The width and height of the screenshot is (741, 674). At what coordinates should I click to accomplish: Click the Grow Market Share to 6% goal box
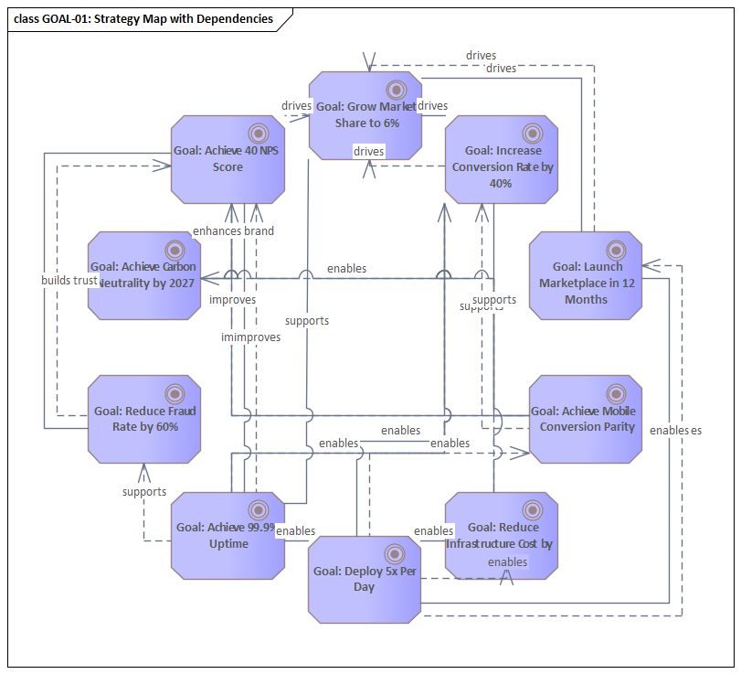pos(365,115)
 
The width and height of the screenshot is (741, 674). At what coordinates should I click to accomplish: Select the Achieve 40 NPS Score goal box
pos(227,159)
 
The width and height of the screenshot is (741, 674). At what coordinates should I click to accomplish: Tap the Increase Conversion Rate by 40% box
pos(502,159)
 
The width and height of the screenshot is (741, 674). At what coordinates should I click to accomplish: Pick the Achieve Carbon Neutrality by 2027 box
pos(143,275)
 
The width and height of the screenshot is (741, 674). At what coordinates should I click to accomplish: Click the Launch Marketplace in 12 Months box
pos(585,275)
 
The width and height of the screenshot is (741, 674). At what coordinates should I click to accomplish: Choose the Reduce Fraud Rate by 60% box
pos(143,419)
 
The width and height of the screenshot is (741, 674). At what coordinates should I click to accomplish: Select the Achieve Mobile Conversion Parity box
pos(585,419)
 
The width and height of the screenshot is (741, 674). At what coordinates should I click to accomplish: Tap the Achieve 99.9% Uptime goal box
pos(227,536)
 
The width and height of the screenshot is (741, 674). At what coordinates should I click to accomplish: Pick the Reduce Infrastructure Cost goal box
pos(502,536)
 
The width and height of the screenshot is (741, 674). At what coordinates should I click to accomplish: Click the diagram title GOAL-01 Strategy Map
pos(144,18)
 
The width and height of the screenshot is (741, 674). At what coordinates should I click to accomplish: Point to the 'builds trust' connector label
pos(69,280)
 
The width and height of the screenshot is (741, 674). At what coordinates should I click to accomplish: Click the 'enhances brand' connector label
pos(233,230)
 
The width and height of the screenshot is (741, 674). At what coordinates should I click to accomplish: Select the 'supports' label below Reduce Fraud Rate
pos(144,491)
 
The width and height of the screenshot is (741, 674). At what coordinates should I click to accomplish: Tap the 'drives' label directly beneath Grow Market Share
pos(368,150)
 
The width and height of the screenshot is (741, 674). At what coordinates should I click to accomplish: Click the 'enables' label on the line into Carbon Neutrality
pos(346,268)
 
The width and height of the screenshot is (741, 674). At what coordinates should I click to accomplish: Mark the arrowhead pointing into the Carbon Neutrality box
pos(205,277)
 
